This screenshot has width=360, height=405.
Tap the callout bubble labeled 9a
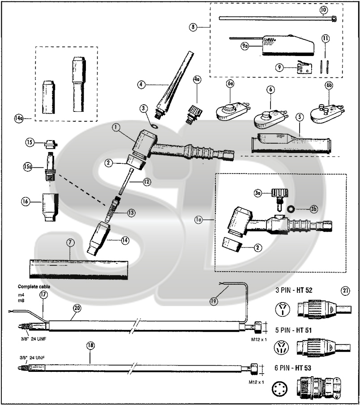tap(244, 46)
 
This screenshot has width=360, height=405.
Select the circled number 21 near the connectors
tap(346, 290)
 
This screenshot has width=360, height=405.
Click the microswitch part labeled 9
tap(304, 68)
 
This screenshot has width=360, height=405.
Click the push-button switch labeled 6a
tap(229, 109)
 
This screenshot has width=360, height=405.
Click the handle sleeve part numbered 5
tap(291, 142)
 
